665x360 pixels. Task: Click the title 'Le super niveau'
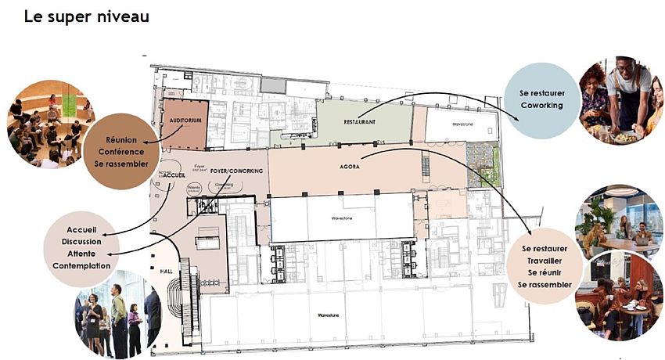pos(86,16)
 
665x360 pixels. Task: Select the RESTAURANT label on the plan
pos(359,123)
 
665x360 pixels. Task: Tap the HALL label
pos(167,271)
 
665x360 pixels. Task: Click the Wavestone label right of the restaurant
pos(448,124)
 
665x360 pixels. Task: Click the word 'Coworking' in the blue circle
pos(542,105)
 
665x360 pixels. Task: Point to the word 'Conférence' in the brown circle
pos(116,152)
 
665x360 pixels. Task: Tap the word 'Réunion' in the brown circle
pos(116,140)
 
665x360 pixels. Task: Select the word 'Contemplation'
pos(82,266)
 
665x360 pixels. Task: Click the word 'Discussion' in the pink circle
pos(82,242)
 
